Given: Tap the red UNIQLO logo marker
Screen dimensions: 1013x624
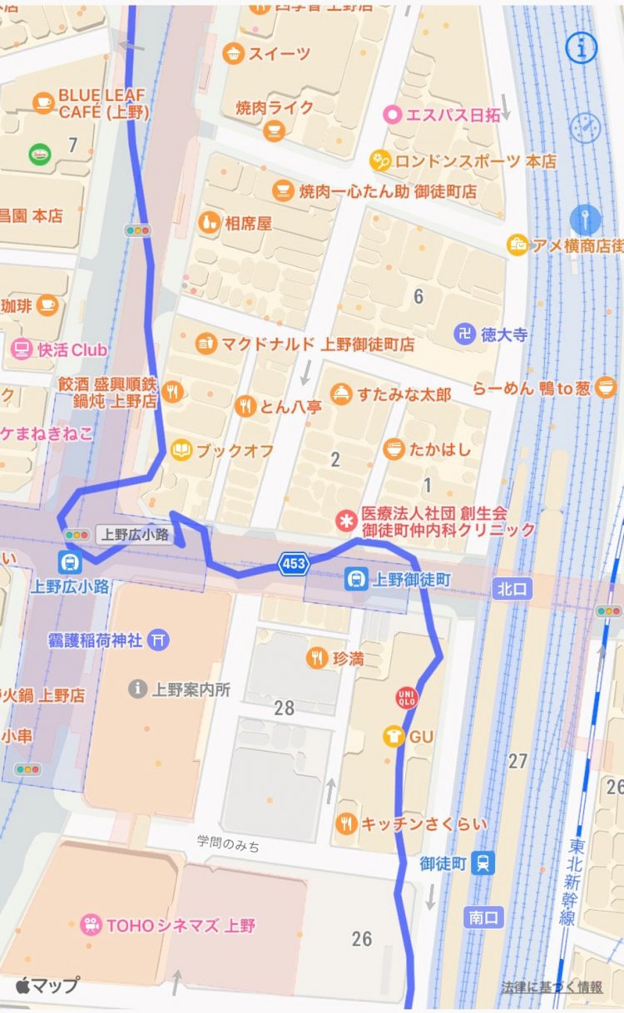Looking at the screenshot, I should point(407,698).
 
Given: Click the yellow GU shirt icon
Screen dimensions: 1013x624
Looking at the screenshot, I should point(393,736).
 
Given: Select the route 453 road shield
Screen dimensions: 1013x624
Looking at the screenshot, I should point(295,564).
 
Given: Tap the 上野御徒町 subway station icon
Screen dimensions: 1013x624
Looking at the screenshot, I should point(356,579).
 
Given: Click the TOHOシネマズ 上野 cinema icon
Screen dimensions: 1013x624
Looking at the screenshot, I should point(92,925).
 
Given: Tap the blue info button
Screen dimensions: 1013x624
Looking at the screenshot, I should point(582,48).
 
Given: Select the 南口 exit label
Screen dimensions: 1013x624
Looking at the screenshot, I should point(483,917).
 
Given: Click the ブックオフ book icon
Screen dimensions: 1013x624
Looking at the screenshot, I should point(181,450).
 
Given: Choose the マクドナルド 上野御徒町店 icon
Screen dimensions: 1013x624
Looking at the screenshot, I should point(206,343).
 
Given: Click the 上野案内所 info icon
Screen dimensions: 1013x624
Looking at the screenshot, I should point(137,689).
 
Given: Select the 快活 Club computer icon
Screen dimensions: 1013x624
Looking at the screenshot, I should point(21,349).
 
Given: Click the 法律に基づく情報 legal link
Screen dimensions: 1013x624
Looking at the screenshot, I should point(552,987).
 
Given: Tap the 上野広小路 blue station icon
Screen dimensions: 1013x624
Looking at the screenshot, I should point(70,561).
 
